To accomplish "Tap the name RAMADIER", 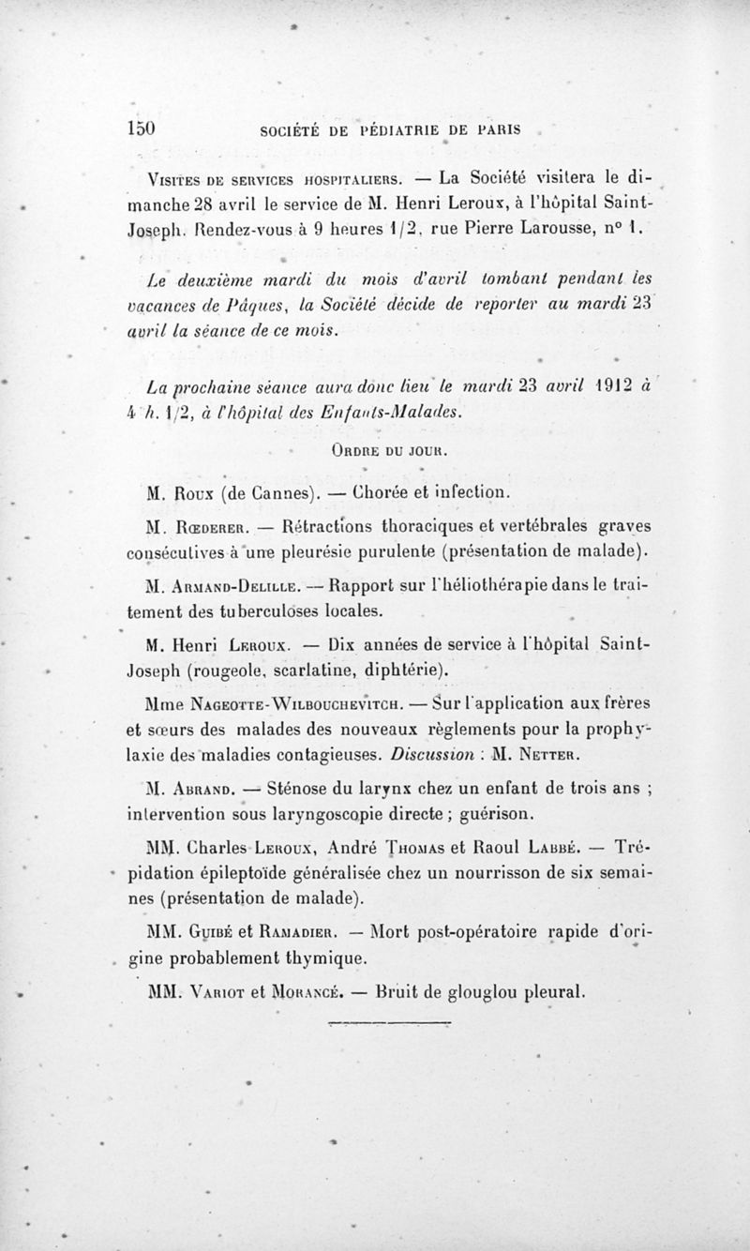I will pos(282,934).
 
